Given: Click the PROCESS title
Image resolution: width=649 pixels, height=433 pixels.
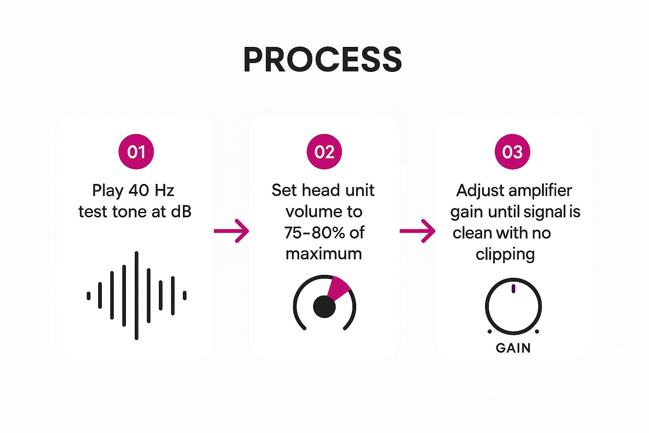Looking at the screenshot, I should tap(322, 60).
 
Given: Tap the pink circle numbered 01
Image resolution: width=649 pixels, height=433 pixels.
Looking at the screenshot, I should tap(136, 152).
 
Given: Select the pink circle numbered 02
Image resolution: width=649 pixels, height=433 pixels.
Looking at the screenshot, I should tap(324, 152).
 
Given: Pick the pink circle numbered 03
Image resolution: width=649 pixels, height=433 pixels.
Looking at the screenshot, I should tap(512, 152).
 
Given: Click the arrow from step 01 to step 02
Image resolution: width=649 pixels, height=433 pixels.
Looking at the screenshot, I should tap(232, 231).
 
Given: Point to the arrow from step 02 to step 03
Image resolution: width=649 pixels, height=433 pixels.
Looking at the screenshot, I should tap(417, 231).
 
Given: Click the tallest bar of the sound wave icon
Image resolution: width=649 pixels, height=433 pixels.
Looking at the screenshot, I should tap(136, 295).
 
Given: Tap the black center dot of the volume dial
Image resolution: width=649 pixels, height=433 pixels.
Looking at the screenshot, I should tap(324, 307).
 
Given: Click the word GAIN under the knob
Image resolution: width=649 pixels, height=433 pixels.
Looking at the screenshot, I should tap(513, 348).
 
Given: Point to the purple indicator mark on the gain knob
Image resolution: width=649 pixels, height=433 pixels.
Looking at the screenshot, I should tap(513, 289).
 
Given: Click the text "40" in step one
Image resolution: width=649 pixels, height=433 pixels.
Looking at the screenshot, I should tap(139, 191).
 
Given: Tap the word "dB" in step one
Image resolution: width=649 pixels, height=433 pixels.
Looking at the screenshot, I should tap(181, 212).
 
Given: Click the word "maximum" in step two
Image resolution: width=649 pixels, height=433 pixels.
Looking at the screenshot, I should tap(324, 254).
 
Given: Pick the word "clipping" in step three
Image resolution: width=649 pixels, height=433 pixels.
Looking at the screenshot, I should tap(505, 255).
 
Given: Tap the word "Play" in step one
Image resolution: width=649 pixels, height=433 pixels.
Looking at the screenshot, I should tap(108, 191).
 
